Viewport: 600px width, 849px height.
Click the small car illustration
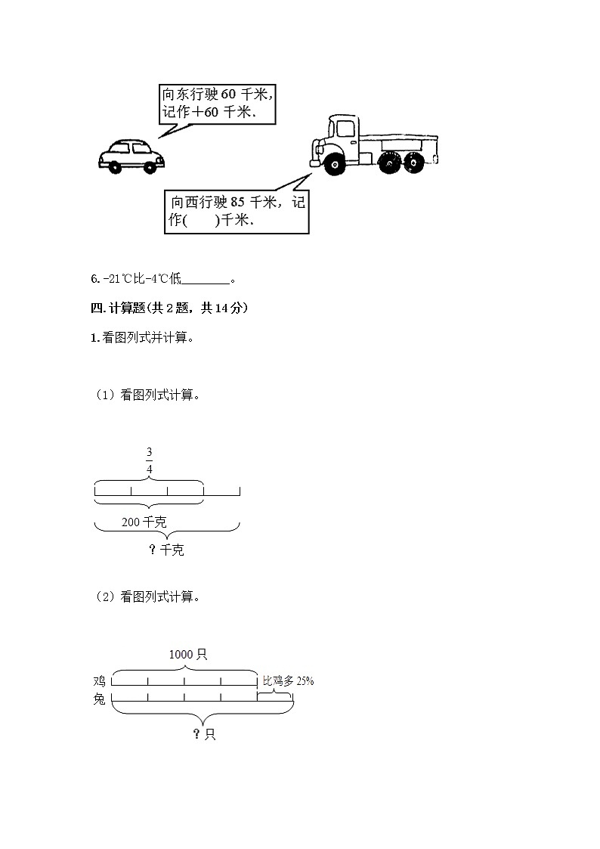[131, 156]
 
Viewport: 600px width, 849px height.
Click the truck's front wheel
[332, 163]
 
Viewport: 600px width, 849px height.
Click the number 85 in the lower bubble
[237, 203]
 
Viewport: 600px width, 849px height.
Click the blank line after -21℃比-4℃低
[206, 280]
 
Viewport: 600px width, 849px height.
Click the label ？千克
[166, 550]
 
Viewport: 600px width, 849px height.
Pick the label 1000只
[187, 654]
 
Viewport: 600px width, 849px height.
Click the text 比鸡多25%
[288, 681]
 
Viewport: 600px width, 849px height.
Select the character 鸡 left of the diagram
[99, 681]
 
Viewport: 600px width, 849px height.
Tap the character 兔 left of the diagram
[99, 699]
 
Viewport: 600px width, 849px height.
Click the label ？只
[204, 734]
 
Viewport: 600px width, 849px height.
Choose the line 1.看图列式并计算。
[142, 338]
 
